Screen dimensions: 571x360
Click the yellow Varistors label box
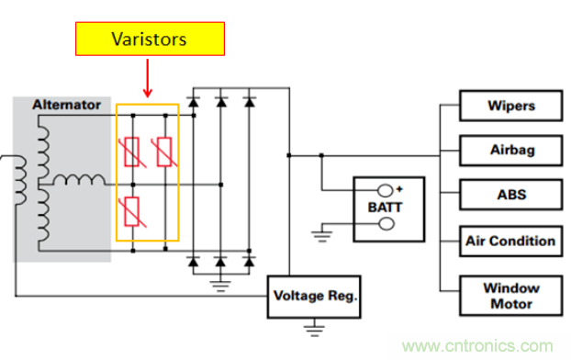coord(150,39)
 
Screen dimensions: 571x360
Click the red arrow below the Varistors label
coord(148,78)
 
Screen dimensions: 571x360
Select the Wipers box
coord(511,106)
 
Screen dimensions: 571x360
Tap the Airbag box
coord(511,150)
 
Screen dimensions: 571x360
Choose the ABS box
coord(511,195)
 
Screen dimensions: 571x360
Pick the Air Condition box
coord(511,242)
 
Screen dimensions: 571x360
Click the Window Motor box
coord(511,296)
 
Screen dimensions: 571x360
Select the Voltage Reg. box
coord(314,297)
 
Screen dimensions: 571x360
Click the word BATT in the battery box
coord(385,208)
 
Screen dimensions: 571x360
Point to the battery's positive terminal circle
coord(386,190)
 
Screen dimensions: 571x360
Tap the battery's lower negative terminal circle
coord(386,224)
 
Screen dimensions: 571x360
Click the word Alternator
coord(67,105)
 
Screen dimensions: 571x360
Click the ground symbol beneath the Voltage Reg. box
coord(314,328)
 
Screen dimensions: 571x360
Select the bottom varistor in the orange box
coord(132,212)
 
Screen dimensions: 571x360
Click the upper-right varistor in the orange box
coord(164,152)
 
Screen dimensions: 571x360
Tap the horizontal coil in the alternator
coord(79,180)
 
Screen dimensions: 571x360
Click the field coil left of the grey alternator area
coord(20,180)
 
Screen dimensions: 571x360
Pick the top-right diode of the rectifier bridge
coord(250,102)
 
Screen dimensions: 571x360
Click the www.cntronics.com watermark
coord(477,346)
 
